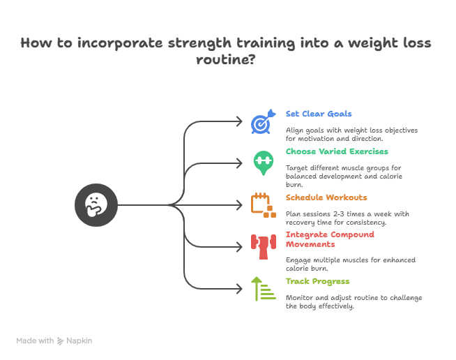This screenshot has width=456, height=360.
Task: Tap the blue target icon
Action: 261,123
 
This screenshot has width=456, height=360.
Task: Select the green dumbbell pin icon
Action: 262,162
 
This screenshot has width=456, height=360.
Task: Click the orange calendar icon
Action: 261,204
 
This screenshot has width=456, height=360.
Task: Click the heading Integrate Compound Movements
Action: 330,239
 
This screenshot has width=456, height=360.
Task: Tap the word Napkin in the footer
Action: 79,340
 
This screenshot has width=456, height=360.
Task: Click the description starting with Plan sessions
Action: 347,218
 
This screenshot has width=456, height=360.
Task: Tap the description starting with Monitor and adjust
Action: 354,301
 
